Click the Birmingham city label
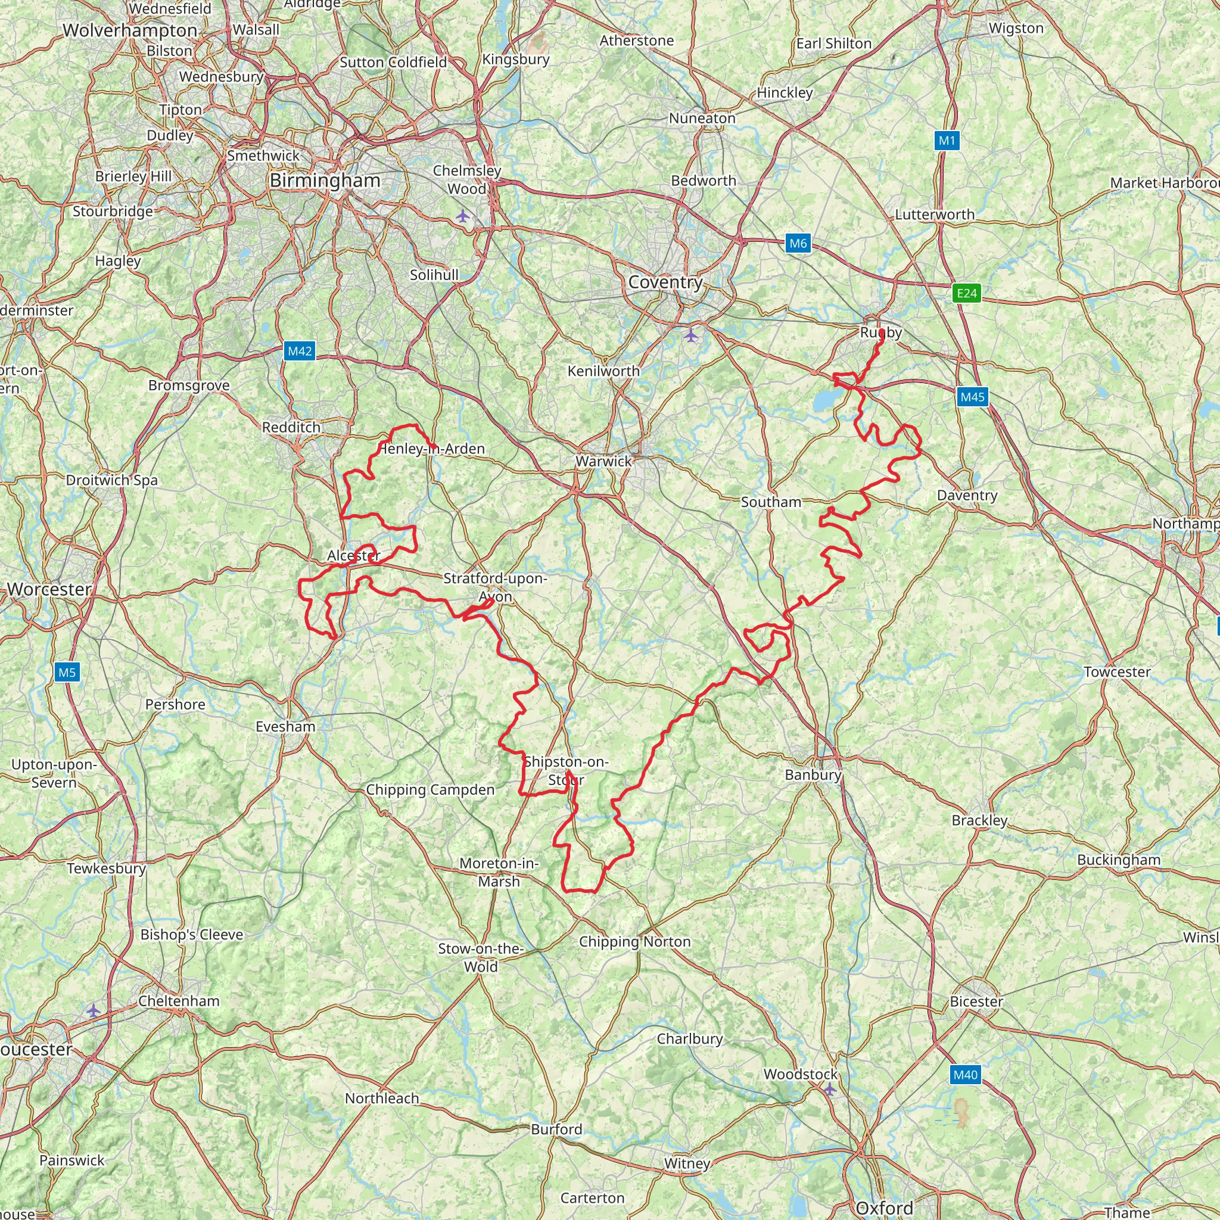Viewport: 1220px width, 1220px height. click(325, 180)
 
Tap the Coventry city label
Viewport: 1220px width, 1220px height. click(665, 282)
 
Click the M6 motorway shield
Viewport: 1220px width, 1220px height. click(798, 244)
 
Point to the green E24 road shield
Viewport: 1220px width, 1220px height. click(967, 293)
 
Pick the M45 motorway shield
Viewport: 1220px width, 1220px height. click(972, 397)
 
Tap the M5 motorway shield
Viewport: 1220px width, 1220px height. click(67, 673)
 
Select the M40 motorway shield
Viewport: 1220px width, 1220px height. click(965, 1075)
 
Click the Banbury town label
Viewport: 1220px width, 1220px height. click(813, 775)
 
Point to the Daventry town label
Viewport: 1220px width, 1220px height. click(967, 495)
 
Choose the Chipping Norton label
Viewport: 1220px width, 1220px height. click(634, 942)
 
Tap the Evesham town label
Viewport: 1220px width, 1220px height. click(285, 727)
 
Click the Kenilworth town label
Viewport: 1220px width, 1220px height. click(603, 371)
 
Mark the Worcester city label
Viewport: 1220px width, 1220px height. click(49, 590)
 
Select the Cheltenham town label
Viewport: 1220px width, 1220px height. click(179, 1001)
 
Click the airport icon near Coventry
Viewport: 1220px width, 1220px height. click(692, 335)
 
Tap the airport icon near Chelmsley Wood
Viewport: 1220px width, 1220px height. click(463, 217)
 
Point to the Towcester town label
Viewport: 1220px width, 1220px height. click(1117, 672)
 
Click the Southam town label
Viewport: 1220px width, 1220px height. click(771, 502)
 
